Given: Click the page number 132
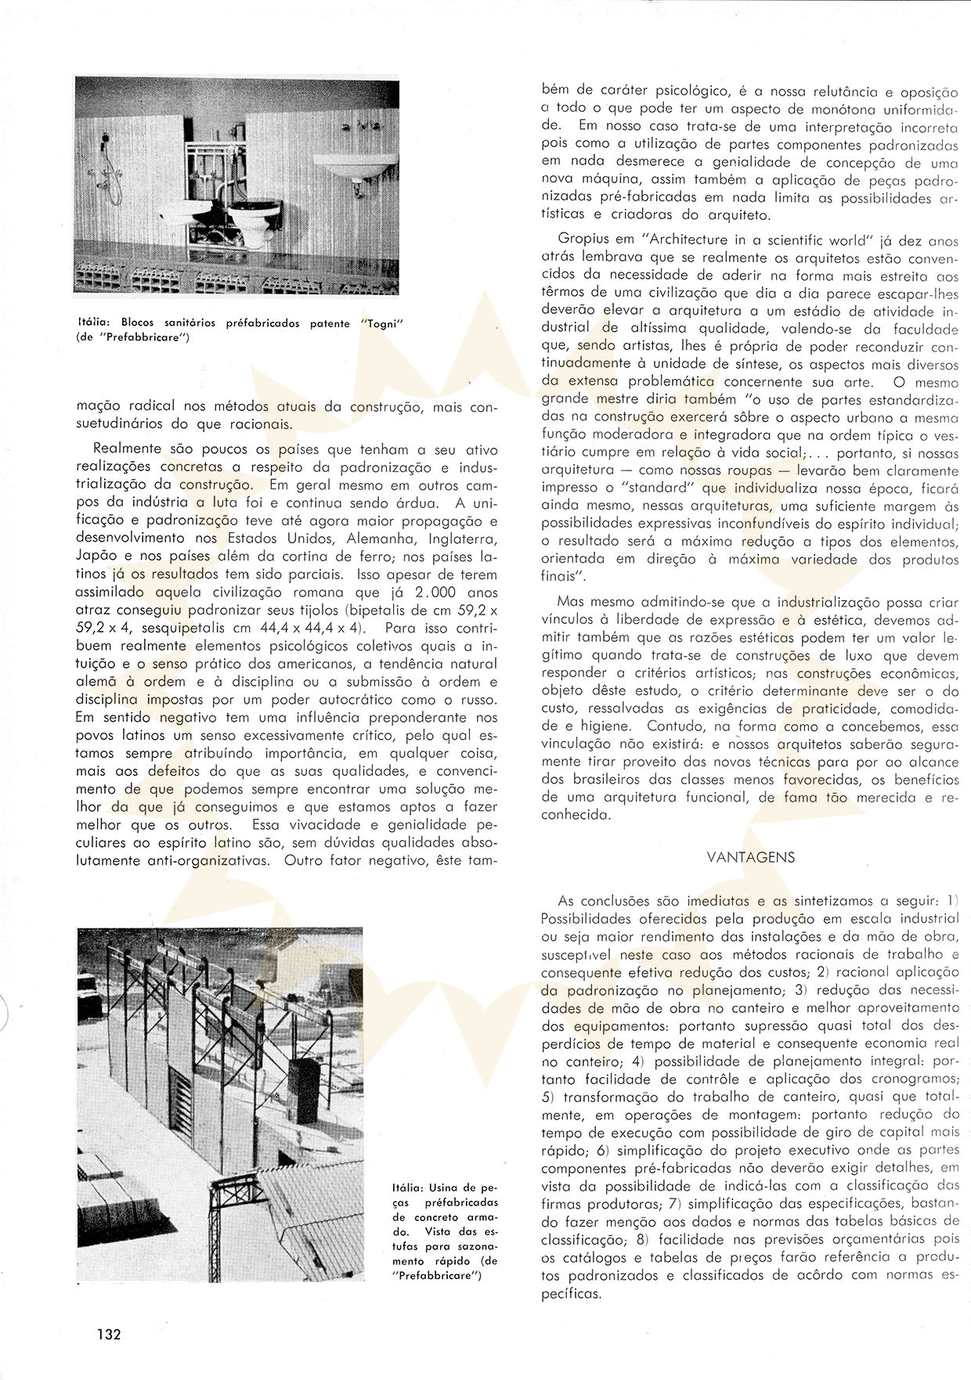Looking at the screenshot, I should (x=109, y=1334).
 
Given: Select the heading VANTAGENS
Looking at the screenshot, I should (x=750, y=856).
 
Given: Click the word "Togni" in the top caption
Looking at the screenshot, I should (x=388, y=323).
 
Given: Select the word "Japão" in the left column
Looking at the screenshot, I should (x=96, y=557).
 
